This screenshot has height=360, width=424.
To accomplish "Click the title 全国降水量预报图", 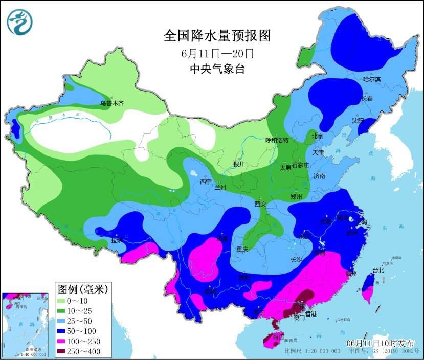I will coord(217,35).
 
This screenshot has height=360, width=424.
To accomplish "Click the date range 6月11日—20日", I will coord(217,53).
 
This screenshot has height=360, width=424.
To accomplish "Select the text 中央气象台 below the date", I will coord(217,69).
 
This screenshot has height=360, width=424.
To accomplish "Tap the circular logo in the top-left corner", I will coord(19,21).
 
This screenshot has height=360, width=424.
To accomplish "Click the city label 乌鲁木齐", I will coord(112,103).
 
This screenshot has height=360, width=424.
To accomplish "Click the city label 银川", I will coord(239,164).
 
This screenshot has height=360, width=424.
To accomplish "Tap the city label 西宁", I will coord(206,182).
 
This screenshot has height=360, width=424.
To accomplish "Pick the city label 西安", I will coord(261,204).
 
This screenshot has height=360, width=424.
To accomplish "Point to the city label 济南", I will coord(319,176).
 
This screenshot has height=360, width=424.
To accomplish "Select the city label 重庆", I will coord(242,249).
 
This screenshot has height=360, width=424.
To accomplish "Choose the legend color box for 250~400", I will coord(65,351).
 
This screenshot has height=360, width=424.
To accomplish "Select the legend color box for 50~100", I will coord(65,331).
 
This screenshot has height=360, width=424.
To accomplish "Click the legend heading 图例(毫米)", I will coord(83,290).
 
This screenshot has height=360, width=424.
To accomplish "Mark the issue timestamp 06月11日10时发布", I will coord(381,343).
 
